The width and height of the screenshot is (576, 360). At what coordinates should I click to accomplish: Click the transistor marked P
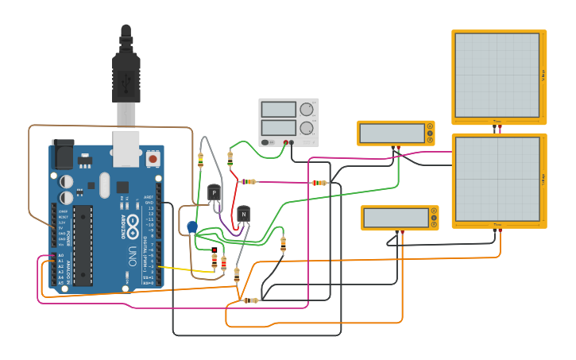213,193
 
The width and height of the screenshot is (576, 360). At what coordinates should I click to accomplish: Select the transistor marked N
243,214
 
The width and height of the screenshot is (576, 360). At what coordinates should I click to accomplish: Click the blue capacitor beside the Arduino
192,227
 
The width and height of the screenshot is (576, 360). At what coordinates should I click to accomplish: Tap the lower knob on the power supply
306,127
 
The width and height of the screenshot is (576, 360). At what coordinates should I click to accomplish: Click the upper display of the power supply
278,110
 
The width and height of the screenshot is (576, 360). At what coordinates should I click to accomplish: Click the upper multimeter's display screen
391,133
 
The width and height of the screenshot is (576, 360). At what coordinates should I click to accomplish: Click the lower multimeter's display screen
395,218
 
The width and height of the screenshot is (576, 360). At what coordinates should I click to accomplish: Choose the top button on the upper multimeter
431,126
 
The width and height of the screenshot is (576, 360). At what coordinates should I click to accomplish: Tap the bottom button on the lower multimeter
434,226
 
